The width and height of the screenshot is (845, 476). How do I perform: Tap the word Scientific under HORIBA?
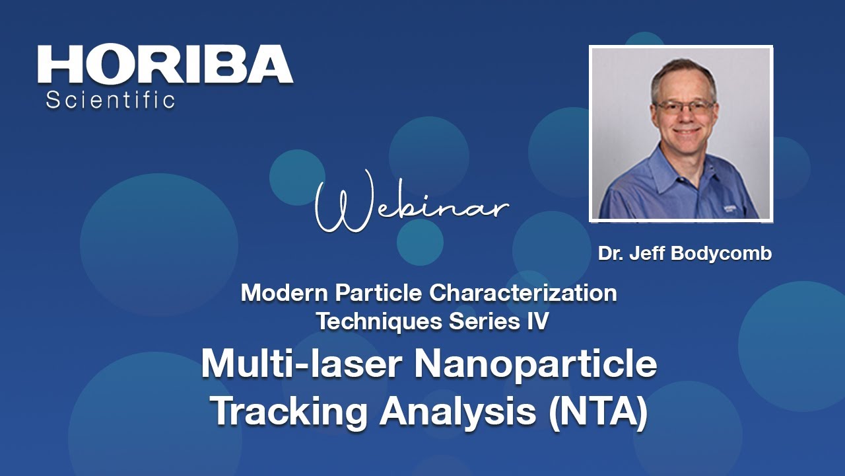pyautogui.click(x=110, y=100)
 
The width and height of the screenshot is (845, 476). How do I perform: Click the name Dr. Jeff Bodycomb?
pyautogui.click(x=685, y=254)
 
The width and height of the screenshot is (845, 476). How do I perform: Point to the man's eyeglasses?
pyautogui.click(x=684, y=106)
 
